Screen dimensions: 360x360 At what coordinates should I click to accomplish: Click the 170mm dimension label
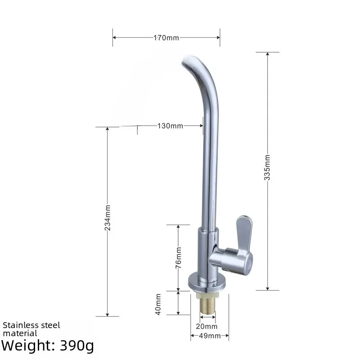tap(166, 37)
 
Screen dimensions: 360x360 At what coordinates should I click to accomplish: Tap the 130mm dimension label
tap(170, 126)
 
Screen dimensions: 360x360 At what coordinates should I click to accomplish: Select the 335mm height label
tap(267, 167)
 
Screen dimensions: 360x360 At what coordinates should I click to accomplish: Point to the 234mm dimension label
tap(107, 217)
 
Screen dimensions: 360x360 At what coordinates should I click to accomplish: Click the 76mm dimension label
tap(178, 256)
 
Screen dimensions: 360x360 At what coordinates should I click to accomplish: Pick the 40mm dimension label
tap(158, 304)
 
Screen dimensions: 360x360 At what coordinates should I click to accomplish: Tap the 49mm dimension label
tap(210, 336)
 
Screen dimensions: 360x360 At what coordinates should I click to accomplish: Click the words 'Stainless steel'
tap(31, 325)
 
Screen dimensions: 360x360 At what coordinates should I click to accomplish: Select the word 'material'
tap(20, 333)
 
